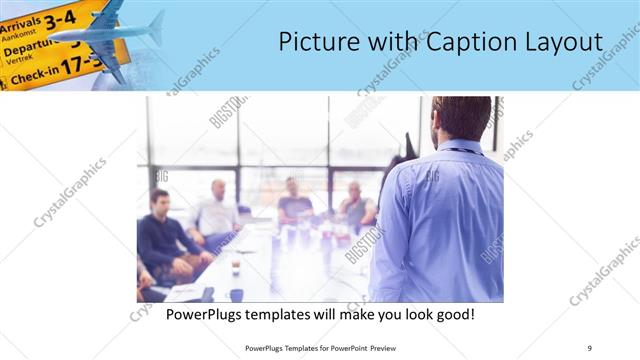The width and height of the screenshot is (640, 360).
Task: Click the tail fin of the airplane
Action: coord(156,27)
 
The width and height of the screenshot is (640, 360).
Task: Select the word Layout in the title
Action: coord(566,42)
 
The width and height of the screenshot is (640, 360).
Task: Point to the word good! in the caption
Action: coord(453,315)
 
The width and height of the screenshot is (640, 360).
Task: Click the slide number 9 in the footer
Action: coord(589,347)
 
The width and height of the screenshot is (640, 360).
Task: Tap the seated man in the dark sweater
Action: coord(161,236)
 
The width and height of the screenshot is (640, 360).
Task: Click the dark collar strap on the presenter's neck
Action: coord(459,151)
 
